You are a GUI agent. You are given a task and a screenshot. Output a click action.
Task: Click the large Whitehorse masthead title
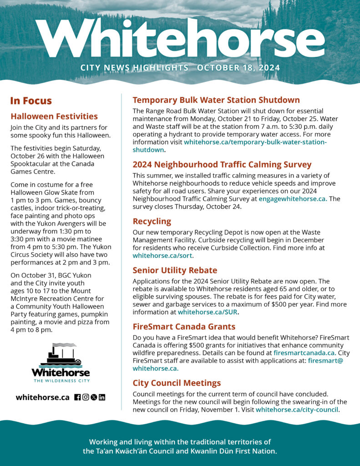(x=180, y=38)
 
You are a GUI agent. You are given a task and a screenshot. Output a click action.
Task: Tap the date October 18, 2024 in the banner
(x=238, y=68)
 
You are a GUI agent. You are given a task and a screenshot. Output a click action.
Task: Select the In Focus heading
(x=31, y=101)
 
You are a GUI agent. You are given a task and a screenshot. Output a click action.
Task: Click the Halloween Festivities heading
(x=54, y=116)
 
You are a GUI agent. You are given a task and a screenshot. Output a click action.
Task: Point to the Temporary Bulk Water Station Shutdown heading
(x=216, y=100)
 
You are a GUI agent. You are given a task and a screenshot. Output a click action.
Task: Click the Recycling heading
(x=152, y=221)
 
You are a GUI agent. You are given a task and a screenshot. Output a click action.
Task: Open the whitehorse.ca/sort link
(x=166, y=256)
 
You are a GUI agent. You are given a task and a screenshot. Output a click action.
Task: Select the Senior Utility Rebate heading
(x=175, y=270)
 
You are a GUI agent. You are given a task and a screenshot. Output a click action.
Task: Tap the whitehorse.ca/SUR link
(x=208, y=312)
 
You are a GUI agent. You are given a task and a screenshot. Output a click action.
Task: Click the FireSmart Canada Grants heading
(x=184, y=326)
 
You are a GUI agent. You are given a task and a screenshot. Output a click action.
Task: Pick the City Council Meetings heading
(x=177, y=383)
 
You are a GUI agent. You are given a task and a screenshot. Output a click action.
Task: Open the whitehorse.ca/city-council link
(x=297, y=410)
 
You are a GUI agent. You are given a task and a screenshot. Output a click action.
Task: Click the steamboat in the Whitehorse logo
(x=61, y=355)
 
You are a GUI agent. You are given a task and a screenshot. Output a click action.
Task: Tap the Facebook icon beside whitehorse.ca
(x=77, y=397)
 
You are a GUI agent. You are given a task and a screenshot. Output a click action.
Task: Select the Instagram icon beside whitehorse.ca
(x=86, y=397)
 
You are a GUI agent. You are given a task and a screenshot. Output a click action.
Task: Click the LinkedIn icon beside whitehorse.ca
(x=102, y=397)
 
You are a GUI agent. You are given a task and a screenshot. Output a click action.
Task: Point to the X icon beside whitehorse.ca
(x=94, y=397)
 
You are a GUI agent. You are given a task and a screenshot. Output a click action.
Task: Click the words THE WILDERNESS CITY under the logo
(x=61, y=380)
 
